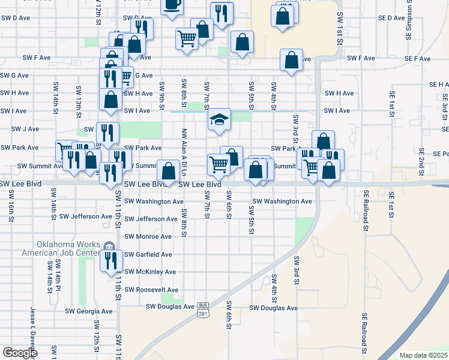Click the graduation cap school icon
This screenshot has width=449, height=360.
220,120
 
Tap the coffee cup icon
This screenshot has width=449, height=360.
172,4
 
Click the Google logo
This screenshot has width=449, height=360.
20,352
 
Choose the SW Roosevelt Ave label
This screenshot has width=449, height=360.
151,289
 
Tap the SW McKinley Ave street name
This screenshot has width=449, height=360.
150,272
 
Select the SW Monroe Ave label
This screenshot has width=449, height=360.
148,236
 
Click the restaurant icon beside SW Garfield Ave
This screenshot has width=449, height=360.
111,260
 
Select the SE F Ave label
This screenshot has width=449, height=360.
418,59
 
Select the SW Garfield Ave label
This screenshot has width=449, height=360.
148,254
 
